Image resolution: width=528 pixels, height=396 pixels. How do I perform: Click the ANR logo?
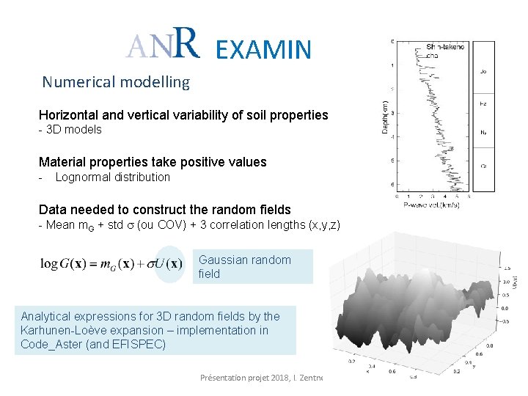click(x=162, y=45)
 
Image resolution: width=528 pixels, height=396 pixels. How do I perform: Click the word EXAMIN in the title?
click(x=264, y=49)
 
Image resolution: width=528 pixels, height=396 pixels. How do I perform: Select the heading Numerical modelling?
click(x=116, y=82)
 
